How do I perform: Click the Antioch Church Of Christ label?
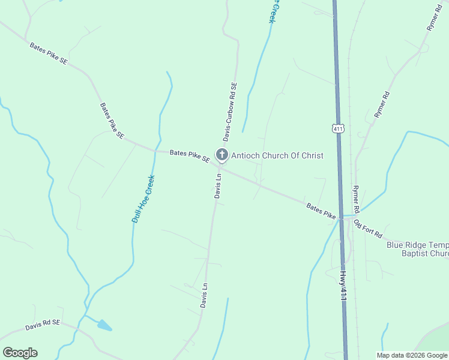pos(277,155)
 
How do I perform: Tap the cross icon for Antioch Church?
pos(222,155)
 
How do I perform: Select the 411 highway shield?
pos(339,128)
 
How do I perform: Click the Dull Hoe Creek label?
pos(143,199)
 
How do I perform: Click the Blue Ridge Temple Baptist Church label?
pos(418,249)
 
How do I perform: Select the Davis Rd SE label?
pos(43,325)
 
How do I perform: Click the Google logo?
pos(20,353)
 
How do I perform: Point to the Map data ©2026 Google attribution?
pos(412,355)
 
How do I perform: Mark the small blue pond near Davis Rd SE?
pos(104,326)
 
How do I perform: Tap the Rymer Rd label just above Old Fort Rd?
pos(356,200)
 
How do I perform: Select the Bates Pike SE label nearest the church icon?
pos(189,156)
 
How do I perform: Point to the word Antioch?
pos(244,155)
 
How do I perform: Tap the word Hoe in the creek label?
pos(143,199)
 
